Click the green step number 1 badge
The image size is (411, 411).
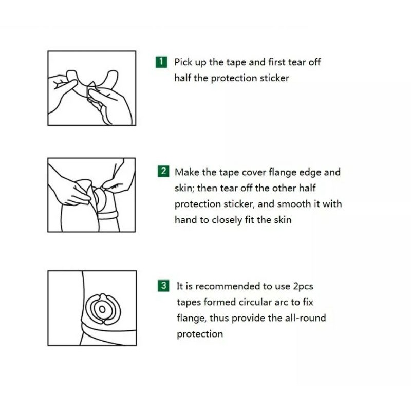click(x=161, y=62)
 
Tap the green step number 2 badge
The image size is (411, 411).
click(x=163, y=171)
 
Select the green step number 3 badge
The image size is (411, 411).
click(x=163, y=286)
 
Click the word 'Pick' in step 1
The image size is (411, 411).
click(x=183, y=62)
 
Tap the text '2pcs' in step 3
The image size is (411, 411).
click(x=303, y=287)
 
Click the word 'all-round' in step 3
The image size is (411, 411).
click(x=307, y=318)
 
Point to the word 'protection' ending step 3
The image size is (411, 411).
click(x=200, y=334)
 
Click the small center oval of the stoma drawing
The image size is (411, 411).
click(x=102, y=310)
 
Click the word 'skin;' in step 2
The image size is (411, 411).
click(x=184, y=188)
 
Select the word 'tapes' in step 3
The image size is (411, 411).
click(x=189, y=303)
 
